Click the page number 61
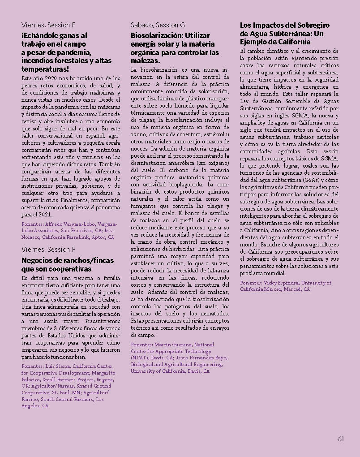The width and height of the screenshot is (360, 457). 340,439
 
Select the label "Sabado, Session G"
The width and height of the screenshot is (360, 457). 158,25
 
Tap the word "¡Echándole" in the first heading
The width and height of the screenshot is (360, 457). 39,35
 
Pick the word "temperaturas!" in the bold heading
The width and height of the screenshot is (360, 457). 45,69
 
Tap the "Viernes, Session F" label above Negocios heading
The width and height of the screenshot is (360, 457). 48,249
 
